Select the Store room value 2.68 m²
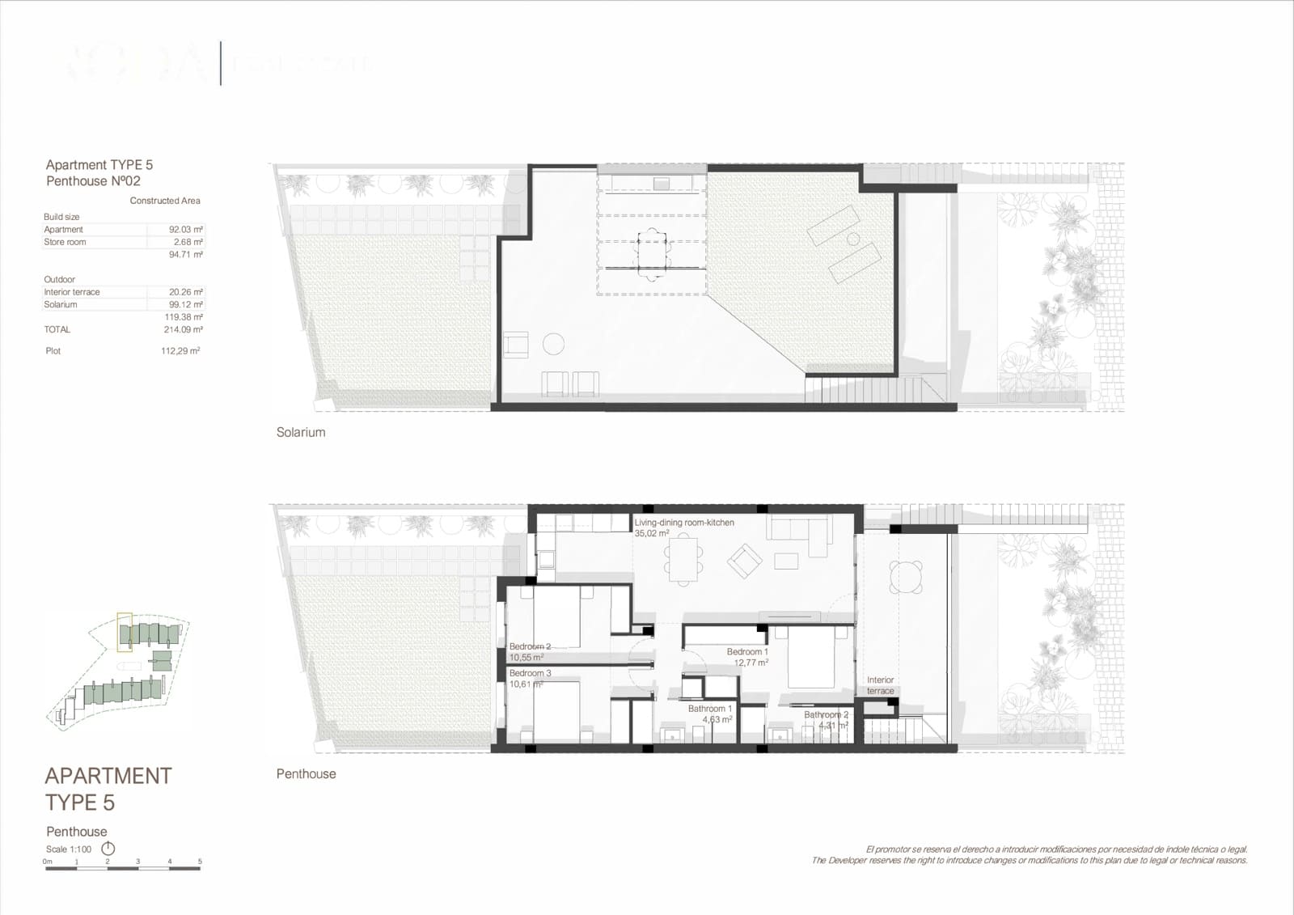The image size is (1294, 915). click(188, 242)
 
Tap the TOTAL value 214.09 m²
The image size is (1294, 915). click(183, 330)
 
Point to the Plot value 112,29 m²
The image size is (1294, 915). click(180, 351)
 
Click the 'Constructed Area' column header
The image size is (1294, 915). click(165, 201)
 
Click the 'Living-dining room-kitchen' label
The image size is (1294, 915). click(684, 523)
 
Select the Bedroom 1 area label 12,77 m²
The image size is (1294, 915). click(751, 663)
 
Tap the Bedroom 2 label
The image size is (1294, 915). click(530, 646)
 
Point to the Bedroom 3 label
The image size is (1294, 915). click(530, 673)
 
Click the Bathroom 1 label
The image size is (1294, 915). click(709, 709)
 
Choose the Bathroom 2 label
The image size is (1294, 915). click(826, 715)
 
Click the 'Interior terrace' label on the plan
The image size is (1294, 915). click(880, 685)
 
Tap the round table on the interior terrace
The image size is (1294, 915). click(906, 577)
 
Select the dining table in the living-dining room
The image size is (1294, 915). click(684, 561)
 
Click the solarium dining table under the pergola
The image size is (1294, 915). click(653, 253)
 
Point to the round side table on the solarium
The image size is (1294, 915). click(553, 345)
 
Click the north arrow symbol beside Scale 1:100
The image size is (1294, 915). click(108, 849)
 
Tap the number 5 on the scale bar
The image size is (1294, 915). click(200, 862)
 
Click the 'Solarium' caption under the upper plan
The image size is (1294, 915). click(301, 433)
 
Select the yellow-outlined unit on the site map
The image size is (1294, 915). click(125, 632)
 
